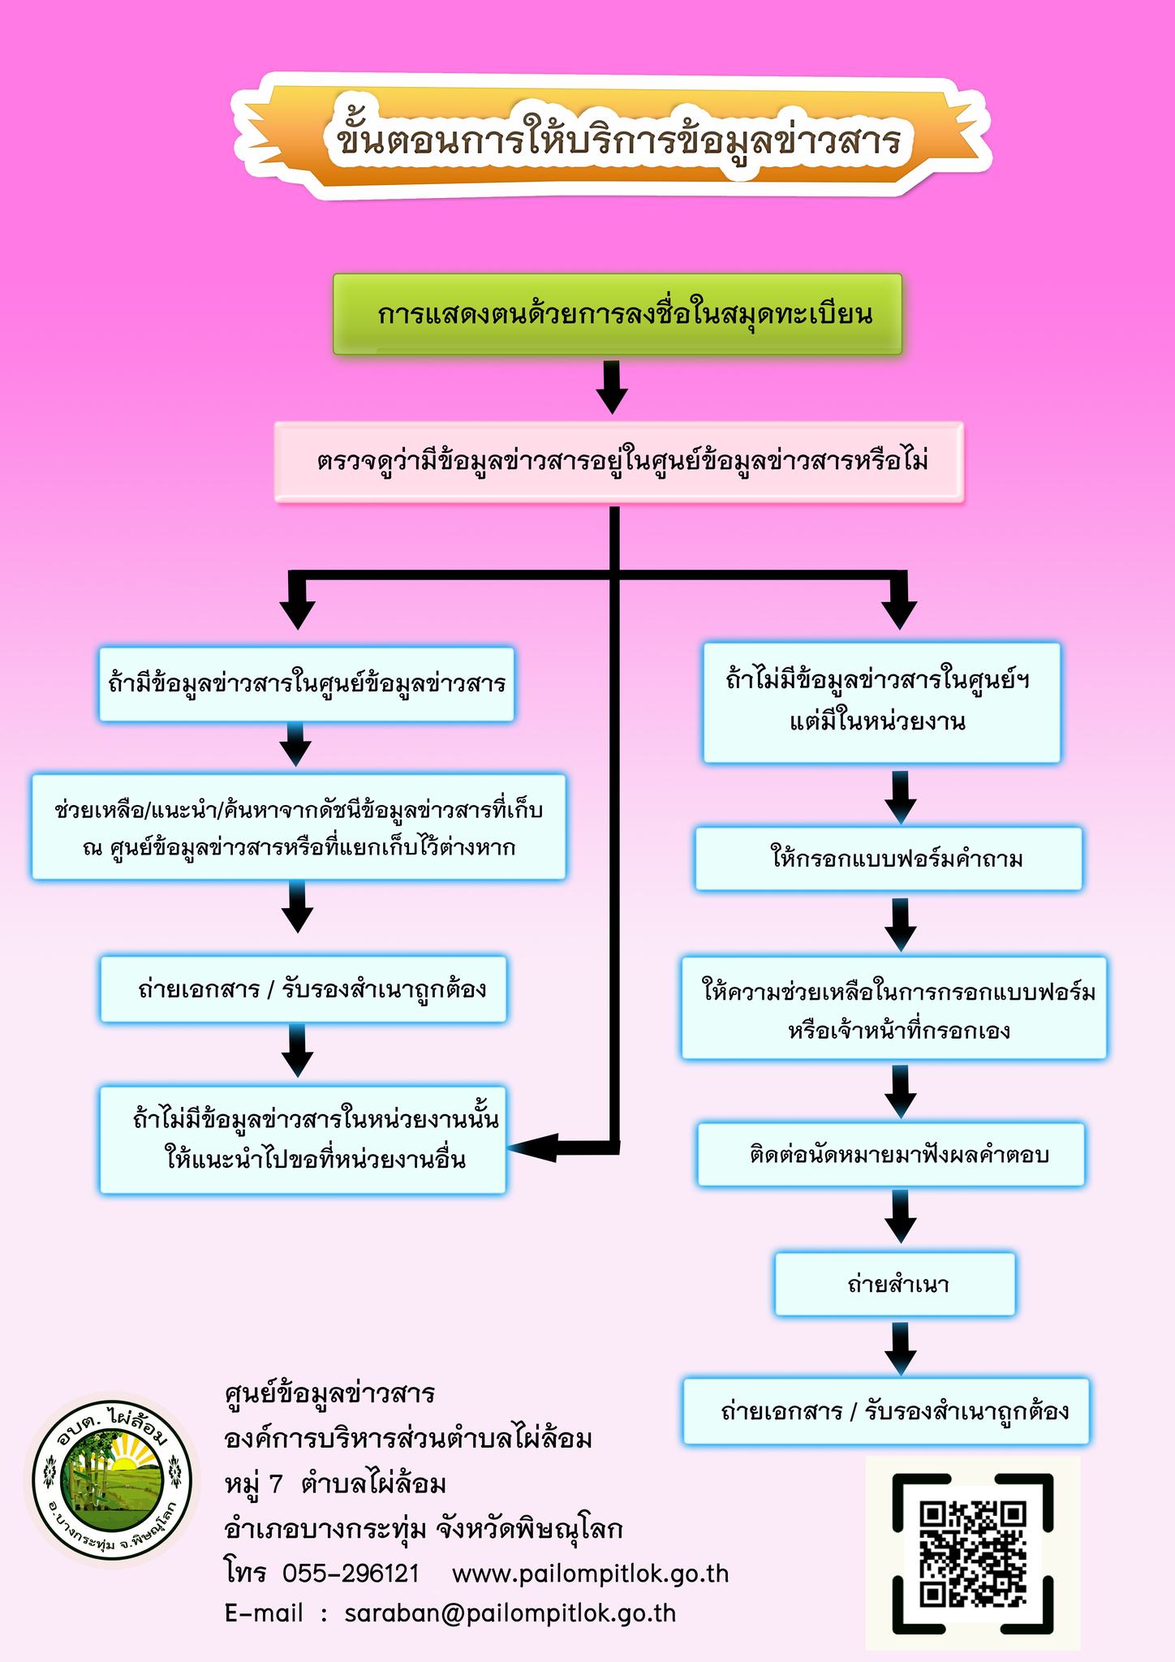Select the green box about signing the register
pos(618,314)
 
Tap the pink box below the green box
pos(619,462)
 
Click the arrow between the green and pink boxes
pos(612,387)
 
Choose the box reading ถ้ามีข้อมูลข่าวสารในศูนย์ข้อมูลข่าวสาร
pos(307,683)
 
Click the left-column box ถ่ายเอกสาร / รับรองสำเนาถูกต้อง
pos(303,989)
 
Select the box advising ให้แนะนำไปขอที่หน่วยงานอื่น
pos(303,1139)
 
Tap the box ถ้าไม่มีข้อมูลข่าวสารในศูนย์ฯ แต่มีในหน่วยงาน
pos(882,703)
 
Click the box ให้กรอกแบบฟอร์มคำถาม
pos(889,859)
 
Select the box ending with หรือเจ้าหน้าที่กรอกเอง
pos(894,1009)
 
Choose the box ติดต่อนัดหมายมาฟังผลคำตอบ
pos(891,1155)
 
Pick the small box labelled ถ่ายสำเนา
pos(895,1285)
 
